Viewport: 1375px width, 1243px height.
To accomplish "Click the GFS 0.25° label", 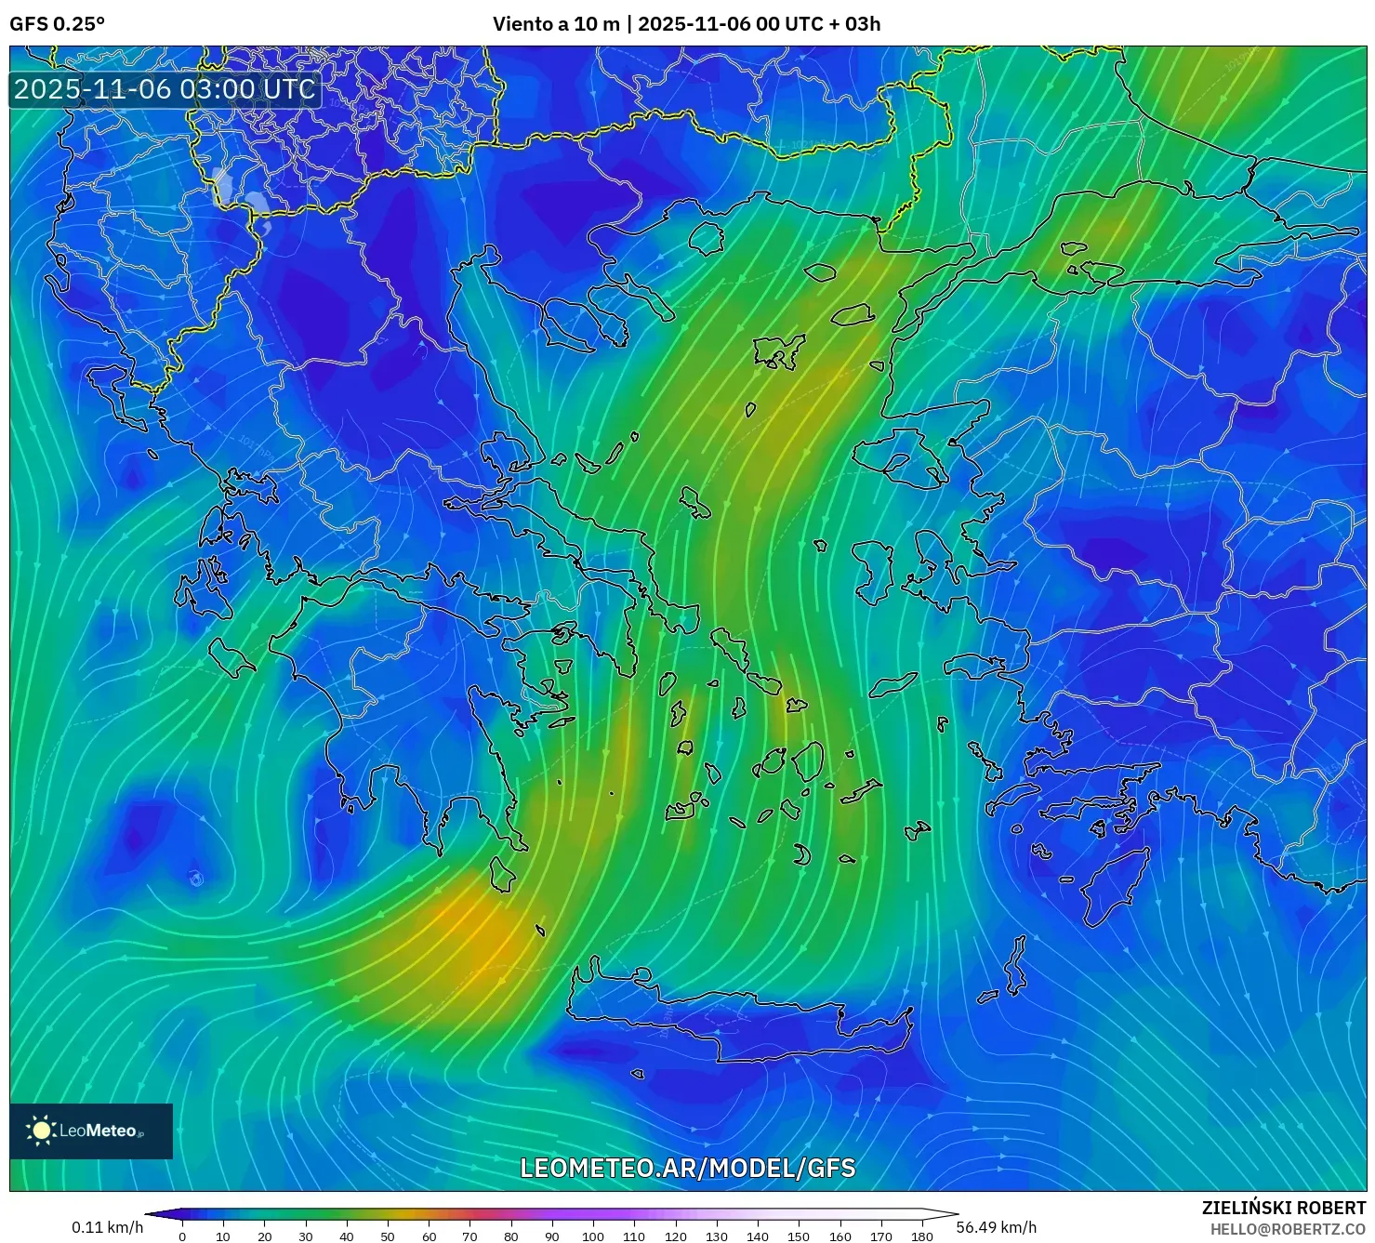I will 57,24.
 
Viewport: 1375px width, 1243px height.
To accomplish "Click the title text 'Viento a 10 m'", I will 555,24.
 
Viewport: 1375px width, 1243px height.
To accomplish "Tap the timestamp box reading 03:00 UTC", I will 165,89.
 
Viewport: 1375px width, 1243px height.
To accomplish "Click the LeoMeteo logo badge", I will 91,1131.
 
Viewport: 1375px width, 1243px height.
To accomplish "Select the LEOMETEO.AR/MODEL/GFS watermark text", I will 687,1168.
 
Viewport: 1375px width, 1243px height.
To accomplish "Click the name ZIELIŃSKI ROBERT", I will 1283,1208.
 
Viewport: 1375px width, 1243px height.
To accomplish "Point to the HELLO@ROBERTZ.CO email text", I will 1287,1229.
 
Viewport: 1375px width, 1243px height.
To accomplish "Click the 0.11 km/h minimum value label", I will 108,1227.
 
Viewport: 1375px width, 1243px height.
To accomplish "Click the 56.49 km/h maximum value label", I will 996,1227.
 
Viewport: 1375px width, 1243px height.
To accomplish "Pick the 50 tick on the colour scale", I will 388,1236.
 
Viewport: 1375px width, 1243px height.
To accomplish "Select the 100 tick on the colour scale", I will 593,1236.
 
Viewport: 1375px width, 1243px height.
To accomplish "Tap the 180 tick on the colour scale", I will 921,1236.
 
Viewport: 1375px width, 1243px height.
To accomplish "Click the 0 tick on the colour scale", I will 182,1236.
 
